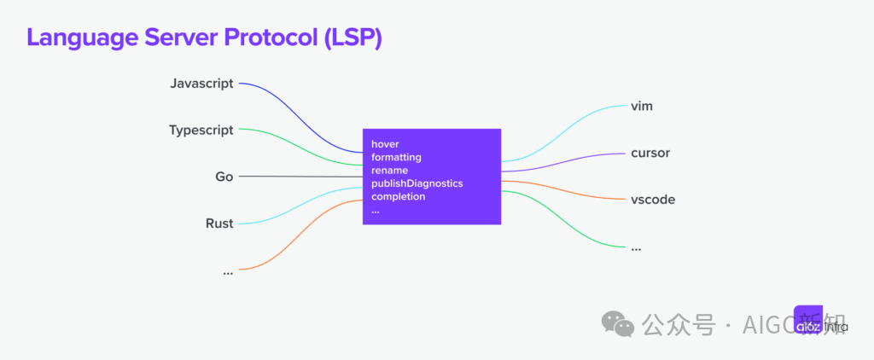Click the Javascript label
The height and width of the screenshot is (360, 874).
201,84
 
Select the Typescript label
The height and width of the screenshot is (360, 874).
201,131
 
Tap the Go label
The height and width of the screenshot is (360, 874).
224,177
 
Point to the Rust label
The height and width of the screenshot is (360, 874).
219,224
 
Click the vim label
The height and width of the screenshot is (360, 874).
642,107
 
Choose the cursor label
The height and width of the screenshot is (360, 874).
650,154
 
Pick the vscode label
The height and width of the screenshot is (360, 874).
652,200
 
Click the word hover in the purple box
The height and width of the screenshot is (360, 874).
385,144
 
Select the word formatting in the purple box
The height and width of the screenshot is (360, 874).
396,157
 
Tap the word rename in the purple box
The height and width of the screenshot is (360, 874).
389,171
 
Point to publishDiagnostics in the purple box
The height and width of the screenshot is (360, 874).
417,183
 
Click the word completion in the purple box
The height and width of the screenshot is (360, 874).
398,196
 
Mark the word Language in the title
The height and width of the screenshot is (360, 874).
75,38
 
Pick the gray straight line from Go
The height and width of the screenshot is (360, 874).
299,177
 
